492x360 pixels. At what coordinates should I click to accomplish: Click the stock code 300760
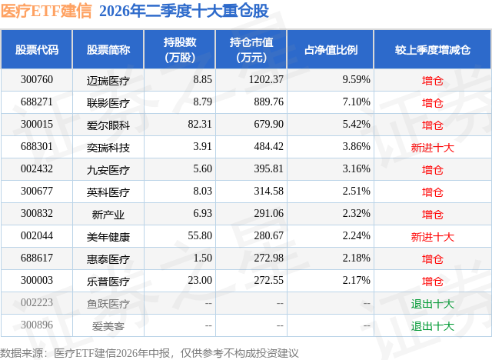pos(37,80)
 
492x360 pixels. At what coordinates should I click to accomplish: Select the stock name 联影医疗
pos(108,103)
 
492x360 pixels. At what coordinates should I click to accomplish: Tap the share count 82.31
pos(200,125)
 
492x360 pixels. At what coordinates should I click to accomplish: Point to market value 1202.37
pos(266,80)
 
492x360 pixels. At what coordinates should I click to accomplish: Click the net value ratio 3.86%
pos(356,147)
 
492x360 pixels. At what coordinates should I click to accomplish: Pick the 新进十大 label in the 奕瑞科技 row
pos(432,148)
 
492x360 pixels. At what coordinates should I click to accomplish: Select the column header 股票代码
pos(37,49)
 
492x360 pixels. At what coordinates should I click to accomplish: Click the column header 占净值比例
pos(331,49)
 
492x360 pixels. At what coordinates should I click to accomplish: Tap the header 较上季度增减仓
pos(433,49)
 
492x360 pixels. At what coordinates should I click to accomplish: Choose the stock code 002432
pos(37,169)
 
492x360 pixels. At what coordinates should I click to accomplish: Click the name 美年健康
pos(108,237)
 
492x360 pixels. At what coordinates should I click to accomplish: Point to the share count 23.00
pos(200,280)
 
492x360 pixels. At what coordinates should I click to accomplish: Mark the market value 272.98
pos(268,258)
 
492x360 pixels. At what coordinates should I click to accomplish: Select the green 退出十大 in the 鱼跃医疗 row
pos(432,304)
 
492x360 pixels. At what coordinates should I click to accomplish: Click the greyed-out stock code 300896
pos(37,325)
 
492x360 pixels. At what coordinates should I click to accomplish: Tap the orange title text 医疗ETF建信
pos(46,11)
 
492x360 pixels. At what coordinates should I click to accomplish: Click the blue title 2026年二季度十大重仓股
pos(184,11)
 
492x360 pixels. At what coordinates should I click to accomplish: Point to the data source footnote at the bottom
pos(149,353)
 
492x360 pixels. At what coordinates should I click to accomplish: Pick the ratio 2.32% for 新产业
pos(356,213)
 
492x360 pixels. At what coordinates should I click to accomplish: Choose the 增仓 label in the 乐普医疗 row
pos(432,282)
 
